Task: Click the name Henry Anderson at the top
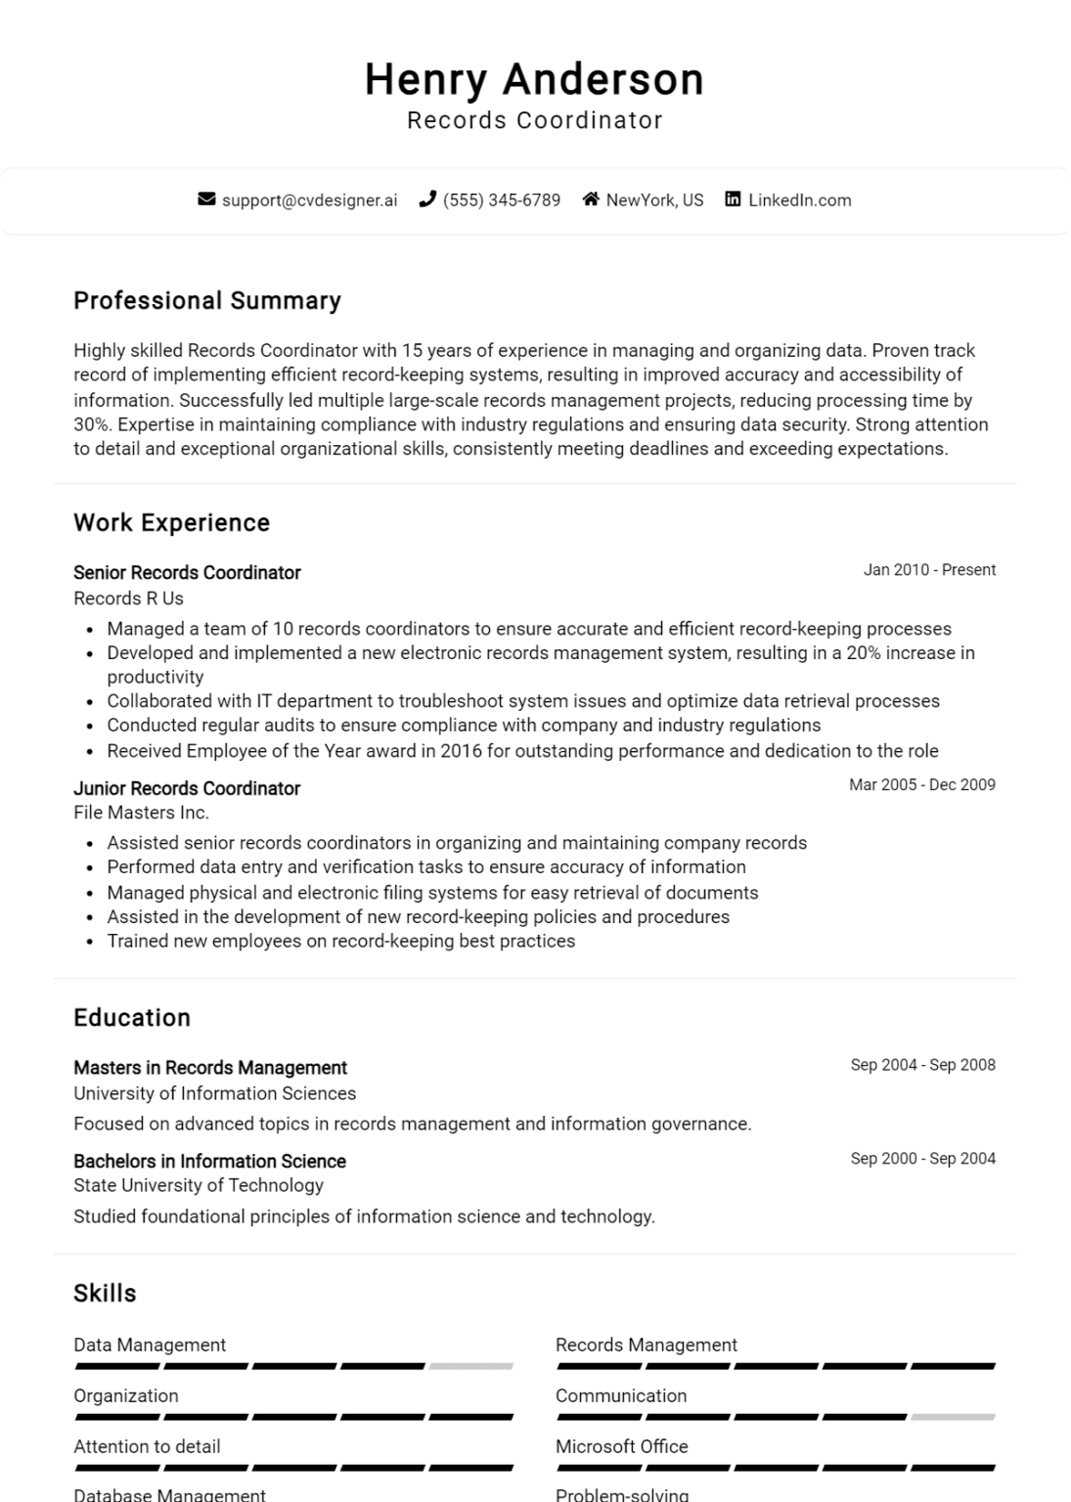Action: [x=534, y=79]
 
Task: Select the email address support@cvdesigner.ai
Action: [x=309, y=200]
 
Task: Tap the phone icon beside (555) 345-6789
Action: [x=427, y=199]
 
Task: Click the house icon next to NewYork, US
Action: [x=591, y=199]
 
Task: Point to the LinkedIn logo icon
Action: [x=733, y=199]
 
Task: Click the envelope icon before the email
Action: [x=206, y=199]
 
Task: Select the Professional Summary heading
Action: [x=207, y=300]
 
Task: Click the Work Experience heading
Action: [x=171, y=522]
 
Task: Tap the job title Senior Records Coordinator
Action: [x=187, y=573]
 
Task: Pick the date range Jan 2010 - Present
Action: [x=928, y=570]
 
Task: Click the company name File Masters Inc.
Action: [x=141, y=813]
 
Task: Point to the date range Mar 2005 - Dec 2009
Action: [x=921, y=784]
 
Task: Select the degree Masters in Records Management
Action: [x=210, y=1068]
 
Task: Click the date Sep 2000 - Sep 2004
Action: [x=922, y=1159]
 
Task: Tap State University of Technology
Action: [x=199, y=1185]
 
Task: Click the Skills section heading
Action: [x=105, y=1293]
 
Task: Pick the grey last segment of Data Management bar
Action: [x=470, y=1366]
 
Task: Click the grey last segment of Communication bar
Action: [x=953, y=1417]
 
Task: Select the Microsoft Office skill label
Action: [x=622, y=1446]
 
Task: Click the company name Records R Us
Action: [x=128, y=598]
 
